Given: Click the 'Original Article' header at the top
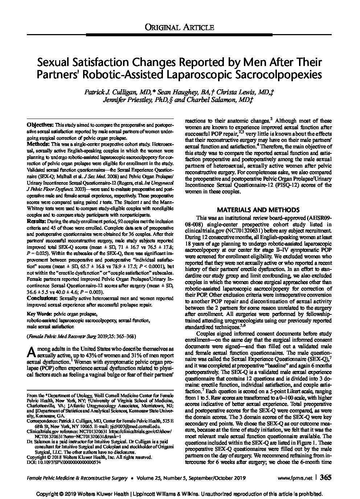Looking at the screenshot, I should click(x=179, y=27).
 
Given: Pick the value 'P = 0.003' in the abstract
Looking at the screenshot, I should click(x=88, y=292).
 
